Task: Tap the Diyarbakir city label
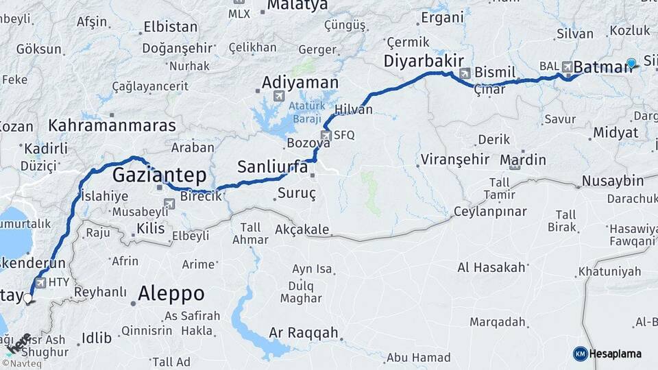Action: [419, 61]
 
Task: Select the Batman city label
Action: [601, 67]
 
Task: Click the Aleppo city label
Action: [171, 294]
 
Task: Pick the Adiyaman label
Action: [300, 83]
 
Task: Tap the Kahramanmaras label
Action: [112, 125]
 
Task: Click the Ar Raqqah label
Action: [304, 333]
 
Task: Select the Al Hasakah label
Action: [491, 267]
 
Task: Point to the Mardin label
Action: [523, 160]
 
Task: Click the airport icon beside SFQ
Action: [326, 136]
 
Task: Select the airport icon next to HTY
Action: [40, 282]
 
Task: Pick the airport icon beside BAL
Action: [567, 66]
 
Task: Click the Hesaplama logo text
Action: [616, 354]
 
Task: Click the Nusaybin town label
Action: [613, 182]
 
